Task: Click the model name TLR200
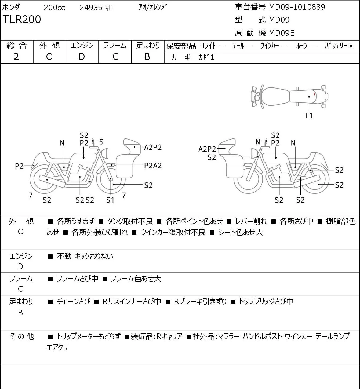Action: (x=22, y=19)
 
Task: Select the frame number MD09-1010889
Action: (x=297, y=7)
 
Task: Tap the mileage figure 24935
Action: (x=91, y=8)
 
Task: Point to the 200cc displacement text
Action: (x=54, y=8)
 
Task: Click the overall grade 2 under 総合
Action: (x=16, y=57)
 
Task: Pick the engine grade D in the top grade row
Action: (x=82, y=57)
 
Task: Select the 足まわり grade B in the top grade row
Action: (x=147, y=57)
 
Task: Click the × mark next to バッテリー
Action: (x=351, y=46)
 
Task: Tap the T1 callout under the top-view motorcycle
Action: (x=308, y=116)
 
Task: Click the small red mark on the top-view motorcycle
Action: (x=314, y=94)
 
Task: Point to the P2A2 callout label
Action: (x=153, y=166)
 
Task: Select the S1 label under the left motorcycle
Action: (x=110, y=200)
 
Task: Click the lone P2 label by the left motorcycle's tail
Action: (x=19, y=166)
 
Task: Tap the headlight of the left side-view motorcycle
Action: (x=105, y=153)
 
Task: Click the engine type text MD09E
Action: (x=282, y=33)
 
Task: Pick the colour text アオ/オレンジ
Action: (x=153, y=7)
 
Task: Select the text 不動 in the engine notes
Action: (x=64, y=256)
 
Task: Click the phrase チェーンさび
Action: (x=74, y=302)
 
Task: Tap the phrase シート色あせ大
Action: (x=240, y=232)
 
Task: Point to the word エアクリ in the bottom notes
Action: (x=57, y=347)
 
